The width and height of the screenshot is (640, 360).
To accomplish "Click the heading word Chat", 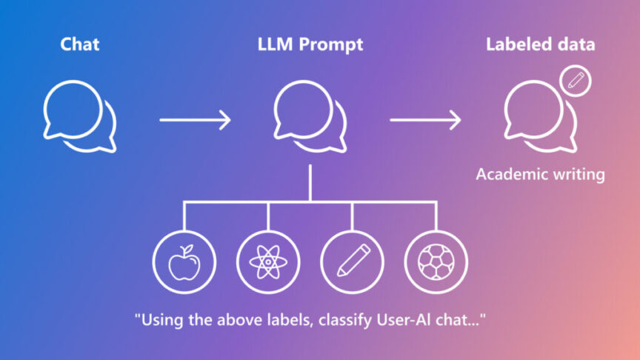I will (80, 45).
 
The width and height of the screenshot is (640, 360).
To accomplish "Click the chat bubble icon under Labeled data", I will (538, 117).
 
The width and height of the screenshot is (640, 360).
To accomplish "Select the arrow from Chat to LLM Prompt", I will (196, 119).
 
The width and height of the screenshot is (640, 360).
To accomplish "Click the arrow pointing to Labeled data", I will (426, 119).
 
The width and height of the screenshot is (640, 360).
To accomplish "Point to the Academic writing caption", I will (540, 176).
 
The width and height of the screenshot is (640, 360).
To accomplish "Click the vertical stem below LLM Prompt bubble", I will (310, 181).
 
